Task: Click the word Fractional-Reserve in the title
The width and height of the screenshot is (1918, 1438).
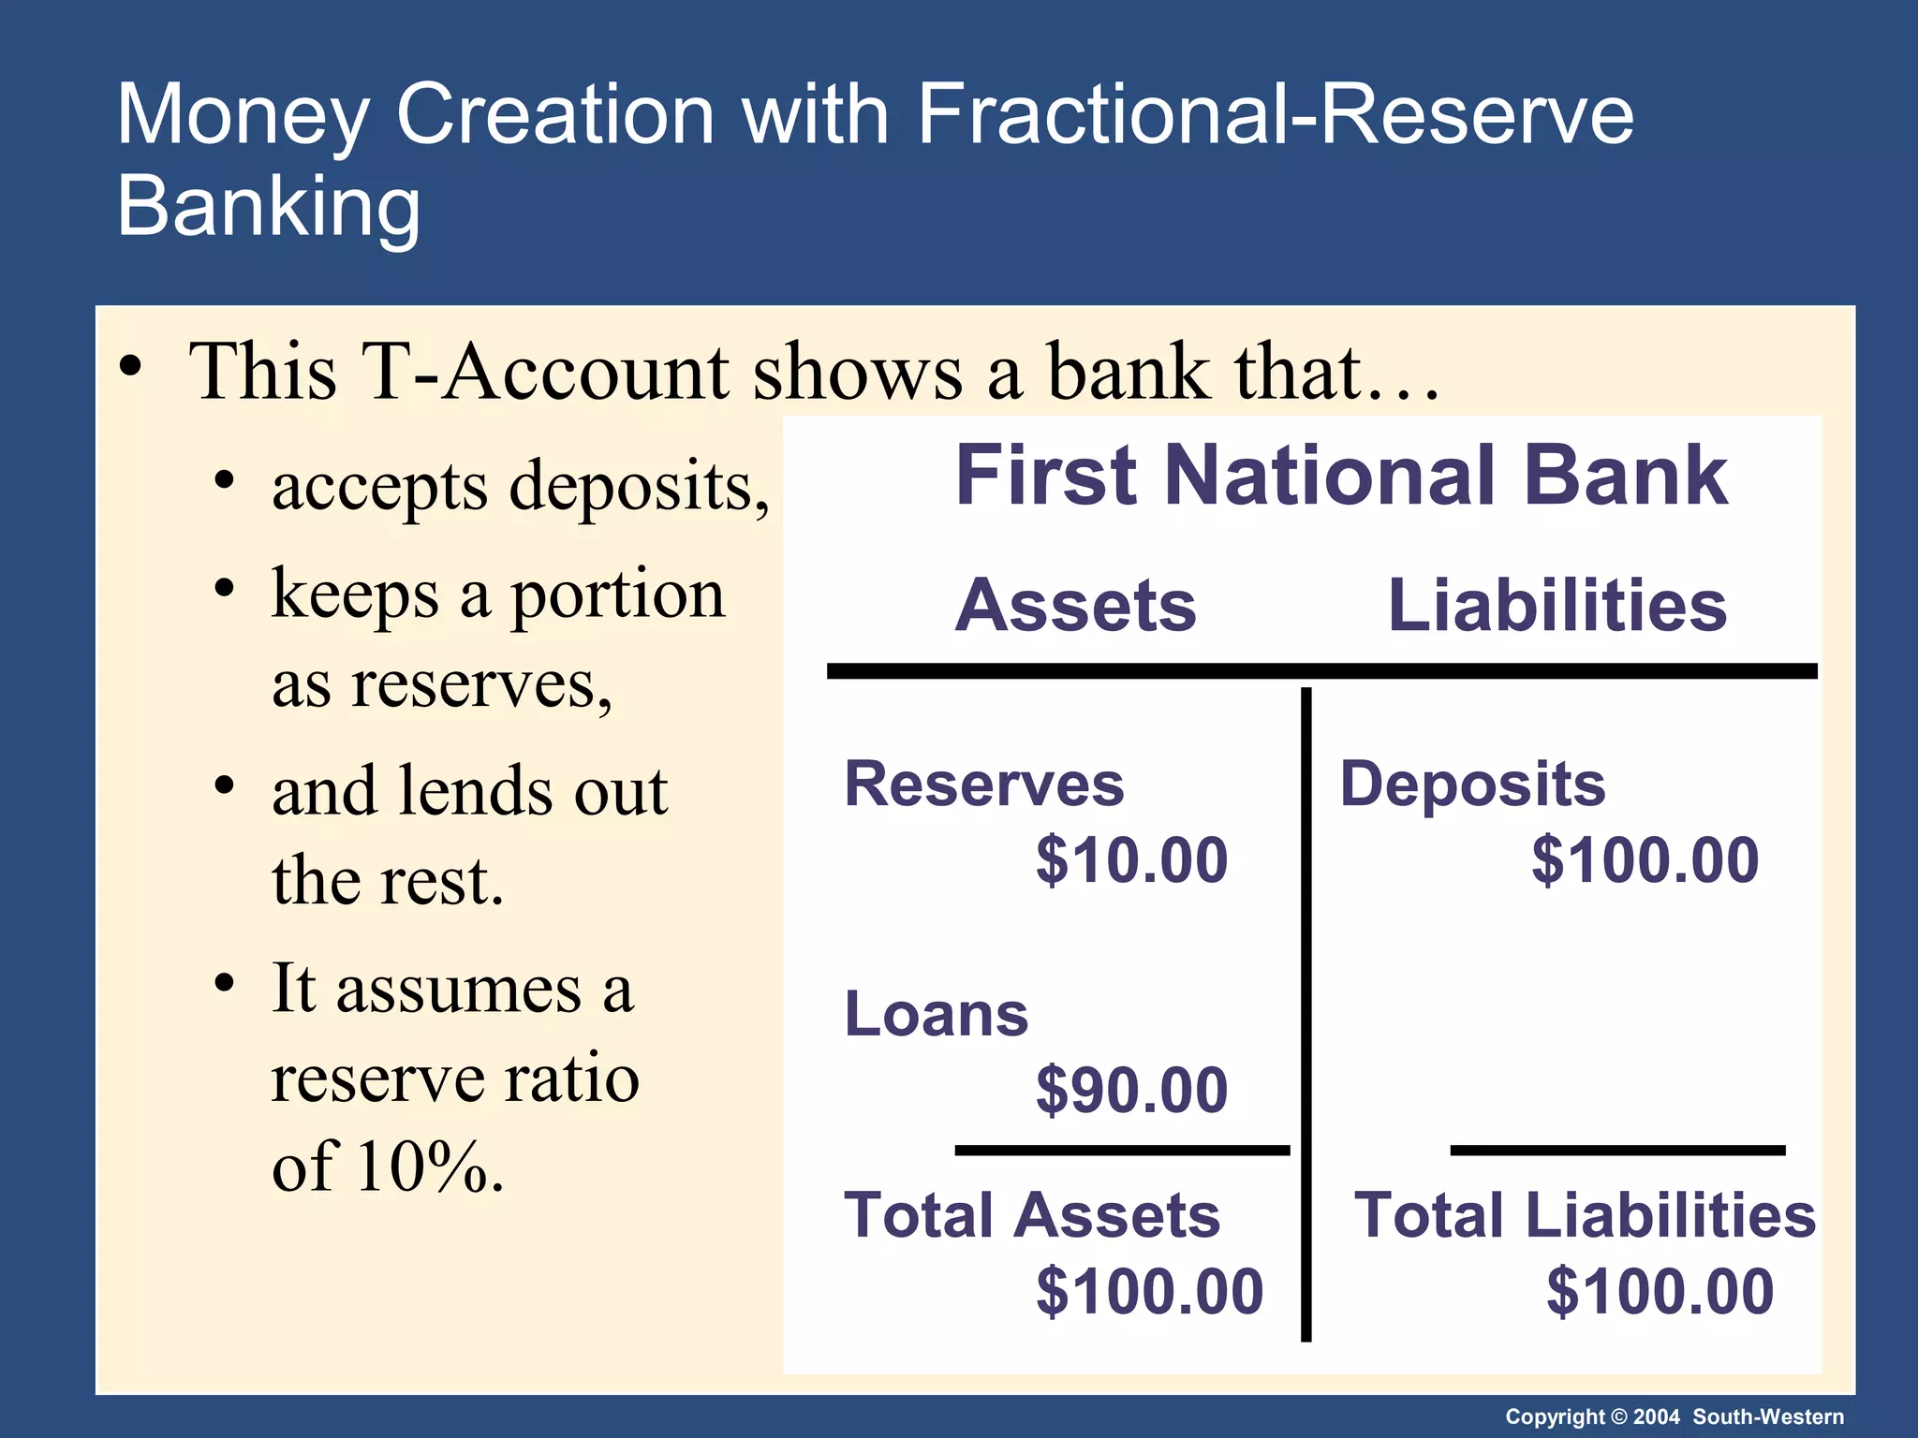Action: [x=1275, y=114]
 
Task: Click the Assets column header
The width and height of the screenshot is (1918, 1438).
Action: [x=1075, y=605]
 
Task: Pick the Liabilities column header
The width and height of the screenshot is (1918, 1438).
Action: [x=1557, y=605]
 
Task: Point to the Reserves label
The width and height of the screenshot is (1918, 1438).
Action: [x=983, y=784]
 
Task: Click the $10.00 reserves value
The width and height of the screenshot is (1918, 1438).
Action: [x=1131, y=859]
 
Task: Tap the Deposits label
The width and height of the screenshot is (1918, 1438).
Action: [x=1472, y=784]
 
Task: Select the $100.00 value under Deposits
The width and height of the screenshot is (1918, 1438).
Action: [x=1645, y=859]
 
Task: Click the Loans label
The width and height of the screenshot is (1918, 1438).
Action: [x=936, y=1014]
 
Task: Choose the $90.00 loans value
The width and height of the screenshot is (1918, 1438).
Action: [x=1131, y=1090]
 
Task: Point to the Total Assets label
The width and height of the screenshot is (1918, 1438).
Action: [x=1032, y=1215]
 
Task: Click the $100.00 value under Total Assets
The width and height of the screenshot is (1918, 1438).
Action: [x=1149, y=1291]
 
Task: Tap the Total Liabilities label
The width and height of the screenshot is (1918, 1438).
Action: [x=1585, y=1215]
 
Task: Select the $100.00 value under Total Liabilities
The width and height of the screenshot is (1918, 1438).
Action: [x=1660, y=1291]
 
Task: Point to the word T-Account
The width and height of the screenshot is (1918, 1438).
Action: [x=544, y=372]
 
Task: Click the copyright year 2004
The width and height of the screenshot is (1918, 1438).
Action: [x=1656, y=1416]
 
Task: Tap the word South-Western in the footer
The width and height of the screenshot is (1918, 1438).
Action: [x=1768, y=1416]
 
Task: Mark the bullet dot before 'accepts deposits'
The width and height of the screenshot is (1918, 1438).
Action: [x=224, y=481]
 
